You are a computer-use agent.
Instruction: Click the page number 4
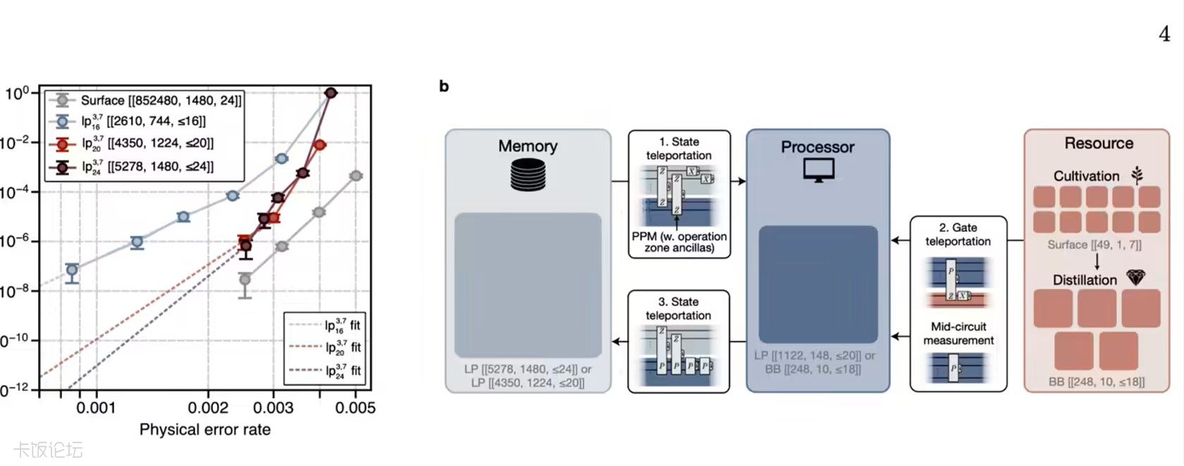coord(1164,34)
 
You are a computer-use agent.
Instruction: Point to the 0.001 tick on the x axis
coord(96,407)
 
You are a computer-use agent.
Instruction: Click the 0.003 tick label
coord(273,407)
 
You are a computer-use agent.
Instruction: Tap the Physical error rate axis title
coord(204,429)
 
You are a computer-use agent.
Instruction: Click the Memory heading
coord(527,146)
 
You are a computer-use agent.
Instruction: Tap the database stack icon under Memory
coord(528,174)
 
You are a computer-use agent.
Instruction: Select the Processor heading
coord(817,147)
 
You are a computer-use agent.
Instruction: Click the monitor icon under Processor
coord(818,170)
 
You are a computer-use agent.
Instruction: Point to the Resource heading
coord(1098,143)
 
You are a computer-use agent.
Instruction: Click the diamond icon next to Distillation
coord(1135,278)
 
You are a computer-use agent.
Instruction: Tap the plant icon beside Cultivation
coord(1136,175)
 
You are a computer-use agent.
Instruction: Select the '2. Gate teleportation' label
coord(958,234)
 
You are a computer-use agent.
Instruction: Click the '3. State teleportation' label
coord(678,308)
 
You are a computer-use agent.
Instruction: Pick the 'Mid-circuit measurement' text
coord(958,333)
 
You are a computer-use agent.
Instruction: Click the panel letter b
coord(444,86)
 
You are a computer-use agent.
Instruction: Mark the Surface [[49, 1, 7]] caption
coord(1094,245)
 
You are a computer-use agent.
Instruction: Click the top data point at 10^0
coord(330,92)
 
